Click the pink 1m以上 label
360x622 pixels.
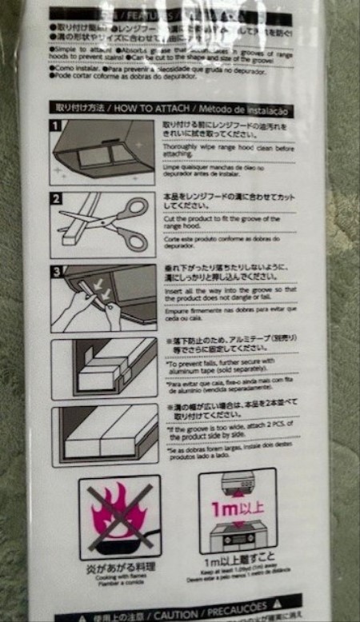click(x=237, y=509)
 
